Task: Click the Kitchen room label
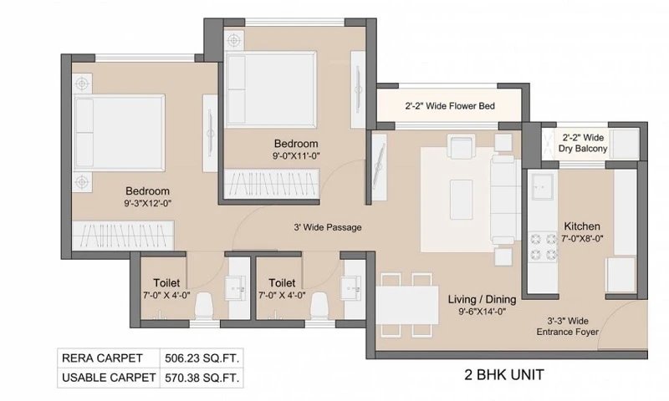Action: coord(582,226)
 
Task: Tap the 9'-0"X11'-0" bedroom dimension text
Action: coord(296,156)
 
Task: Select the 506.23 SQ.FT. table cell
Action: coord(202,358)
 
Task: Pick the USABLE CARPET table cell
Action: coord(109,378)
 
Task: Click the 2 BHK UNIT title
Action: coord(504,375)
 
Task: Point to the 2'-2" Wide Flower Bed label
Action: coord(450,106)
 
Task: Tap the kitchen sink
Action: coord(542,185)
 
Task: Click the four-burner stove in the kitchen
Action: coord(544,247)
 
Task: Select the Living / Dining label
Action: coord(483,300)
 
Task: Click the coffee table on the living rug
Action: coord(462,200)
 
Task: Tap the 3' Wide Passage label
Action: coord(328,227)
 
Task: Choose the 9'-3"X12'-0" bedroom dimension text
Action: coord(148,204)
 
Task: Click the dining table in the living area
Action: coord(407,305)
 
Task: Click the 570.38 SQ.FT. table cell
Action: coord(202,378)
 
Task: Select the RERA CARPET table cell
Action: coord(109,358)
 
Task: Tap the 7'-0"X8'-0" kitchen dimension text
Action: coord(582,239)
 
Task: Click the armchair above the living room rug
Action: coord(462,145)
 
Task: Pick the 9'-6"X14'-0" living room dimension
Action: coord(483,312)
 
